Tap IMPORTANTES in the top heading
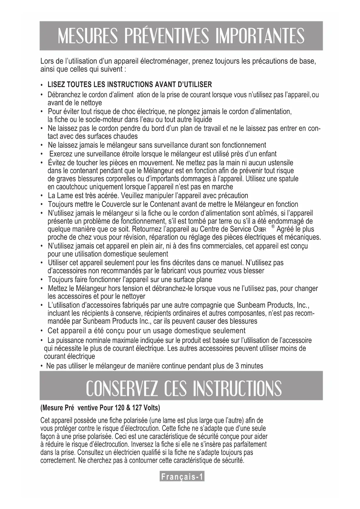(260, 36)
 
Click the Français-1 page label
(182, 477)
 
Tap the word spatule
(288, 179)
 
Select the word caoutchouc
(68, 187)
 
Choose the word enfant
(267, 154)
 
